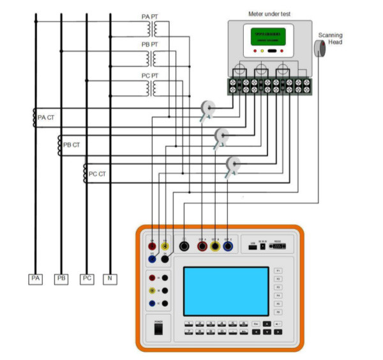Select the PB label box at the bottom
tap(61, 279)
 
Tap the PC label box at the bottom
tap(87, 279)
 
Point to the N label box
tap(110, 279)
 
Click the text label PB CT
tap(71, 146)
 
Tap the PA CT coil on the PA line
tap(35, 117)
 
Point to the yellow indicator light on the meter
tap(263, 50)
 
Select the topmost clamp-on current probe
tap(207, 109)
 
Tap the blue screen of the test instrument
tap(226, 291)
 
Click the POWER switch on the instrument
tap(159, 329)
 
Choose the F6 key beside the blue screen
tap(278, 311)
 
